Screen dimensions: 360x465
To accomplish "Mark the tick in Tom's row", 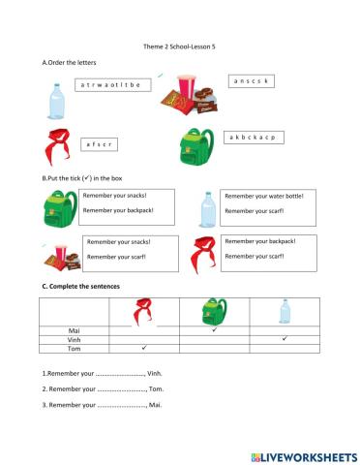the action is coord(142,347).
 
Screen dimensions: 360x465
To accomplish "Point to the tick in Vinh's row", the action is coord(284,338).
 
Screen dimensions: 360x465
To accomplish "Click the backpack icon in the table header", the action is coord(214,312).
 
